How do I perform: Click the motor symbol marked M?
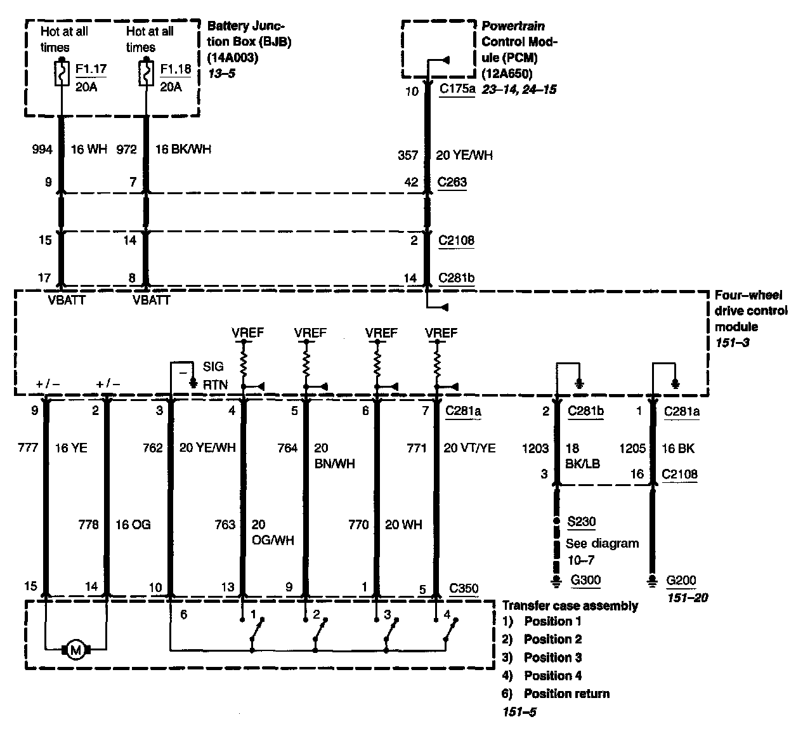[76, 650]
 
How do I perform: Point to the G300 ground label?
[585, 579]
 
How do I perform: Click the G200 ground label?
[681, 580]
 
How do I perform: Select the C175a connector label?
[457, 89]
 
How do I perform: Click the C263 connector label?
[452, 182]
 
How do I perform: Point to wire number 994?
[42, 150]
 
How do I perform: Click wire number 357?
[407, 155]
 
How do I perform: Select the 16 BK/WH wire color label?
[183, 150]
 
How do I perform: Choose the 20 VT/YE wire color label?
[469, 448]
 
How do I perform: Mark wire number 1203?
[535, 448]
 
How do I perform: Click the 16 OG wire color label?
[133, 525]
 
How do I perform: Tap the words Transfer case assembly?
[570, 606]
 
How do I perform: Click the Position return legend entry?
[566, 694]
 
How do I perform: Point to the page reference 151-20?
[687, 598]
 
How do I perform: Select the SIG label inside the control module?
[213, 367]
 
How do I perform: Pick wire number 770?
[360, 525]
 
